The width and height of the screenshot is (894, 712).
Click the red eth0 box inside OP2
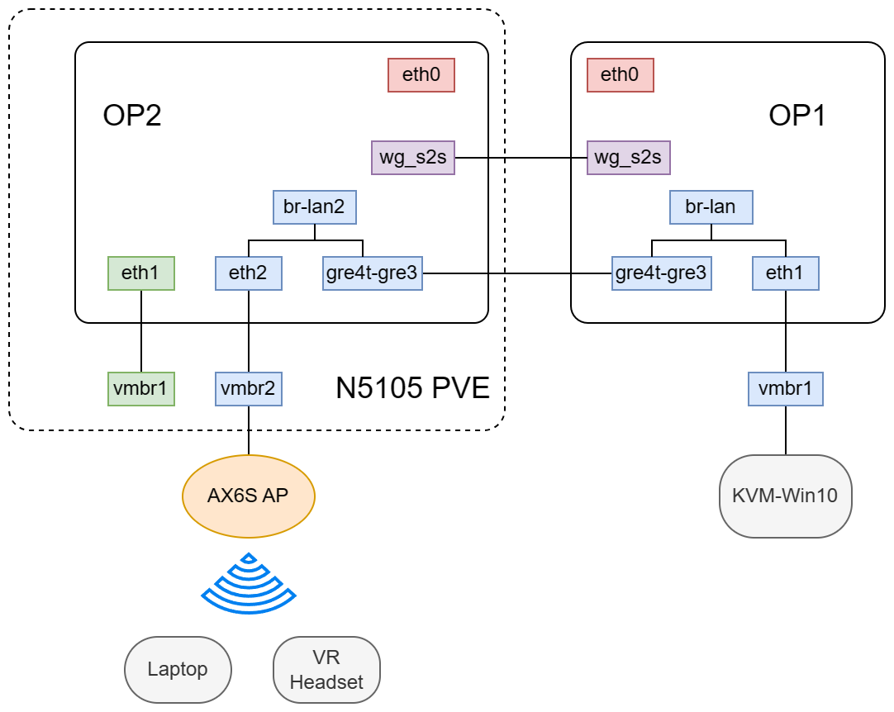421,75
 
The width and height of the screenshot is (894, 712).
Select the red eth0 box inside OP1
620,75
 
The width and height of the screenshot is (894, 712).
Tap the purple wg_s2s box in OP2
413,158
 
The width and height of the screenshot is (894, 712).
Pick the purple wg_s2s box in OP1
628,158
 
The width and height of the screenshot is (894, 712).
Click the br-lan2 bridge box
314,207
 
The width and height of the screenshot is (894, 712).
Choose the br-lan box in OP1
711,207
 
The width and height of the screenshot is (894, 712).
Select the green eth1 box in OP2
141,273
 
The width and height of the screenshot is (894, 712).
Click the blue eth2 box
249,273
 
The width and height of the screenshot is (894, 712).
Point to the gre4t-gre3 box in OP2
372,273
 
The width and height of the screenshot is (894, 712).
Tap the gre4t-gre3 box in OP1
661,273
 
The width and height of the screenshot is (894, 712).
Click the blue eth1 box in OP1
785,273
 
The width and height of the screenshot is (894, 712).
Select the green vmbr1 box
141,388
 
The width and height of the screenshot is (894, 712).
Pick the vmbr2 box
249,388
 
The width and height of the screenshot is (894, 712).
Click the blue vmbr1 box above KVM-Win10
785,388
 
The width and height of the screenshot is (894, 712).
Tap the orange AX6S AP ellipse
249,496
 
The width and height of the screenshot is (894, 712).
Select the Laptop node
178,669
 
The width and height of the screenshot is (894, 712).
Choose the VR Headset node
326,669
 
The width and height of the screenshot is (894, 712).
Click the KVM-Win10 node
785,496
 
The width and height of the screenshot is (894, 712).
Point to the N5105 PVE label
412,387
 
